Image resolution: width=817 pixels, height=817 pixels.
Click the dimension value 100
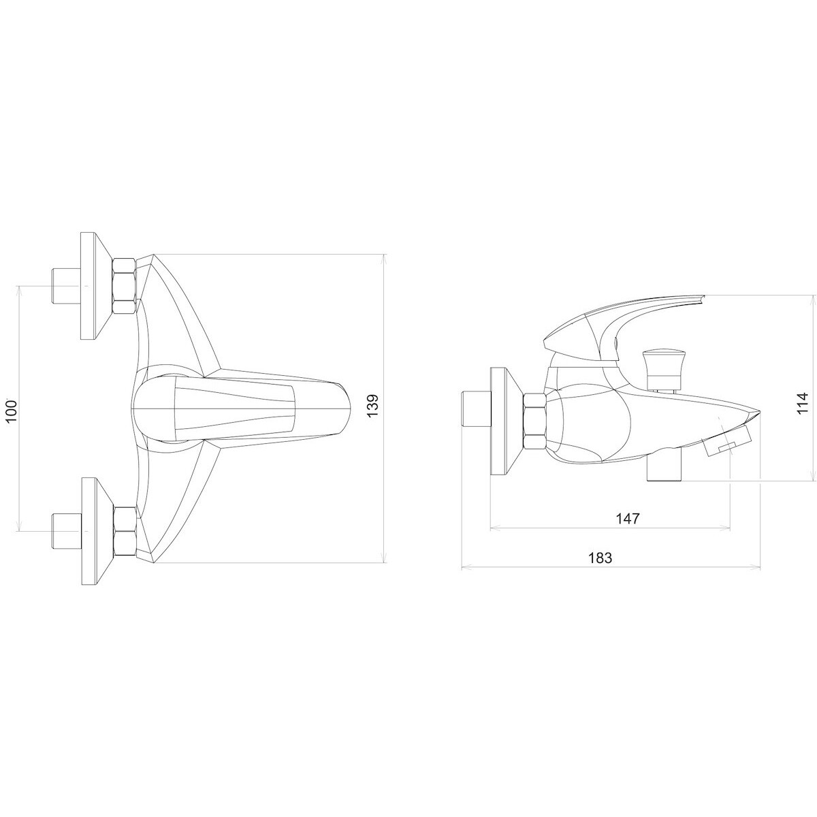pyautogui.click(x=12, y=410)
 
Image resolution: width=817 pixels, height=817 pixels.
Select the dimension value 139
pyautogui.click(x=372, y=406)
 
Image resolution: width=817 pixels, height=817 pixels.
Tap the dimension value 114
pyautogui.click(x=802, y=404)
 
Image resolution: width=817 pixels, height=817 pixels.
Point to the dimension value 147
pyautogui.click(x=628, y=519)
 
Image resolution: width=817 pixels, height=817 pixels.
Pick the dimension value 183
pyautogui.click(x=600, y=558)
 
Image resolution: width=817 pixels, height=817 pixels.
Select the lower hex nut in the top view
pyautogui.click(x=124, y=530)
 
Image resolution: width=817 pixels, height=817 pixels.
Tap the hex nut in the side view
pyautogui.click(x=534, y=421)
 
